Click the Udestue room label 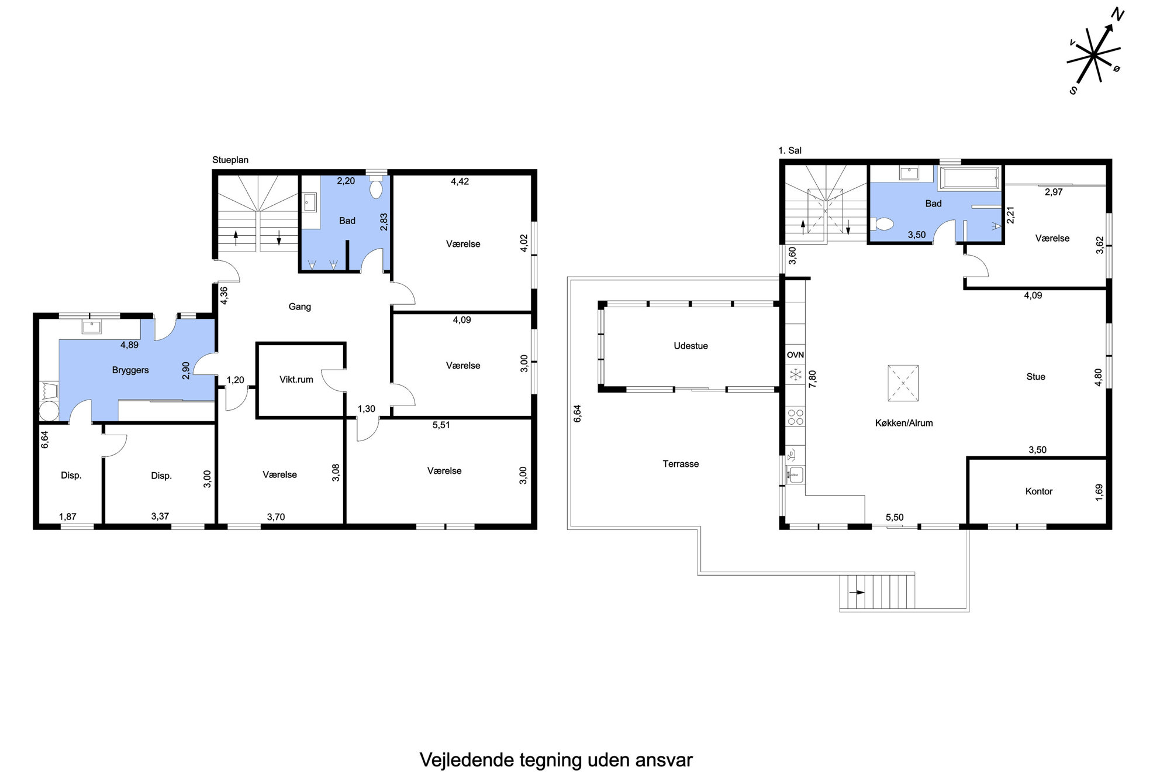[691, 346]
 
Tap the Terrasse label [681, 464]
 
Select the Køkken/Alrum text [904, 423]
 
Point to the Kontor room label [1039, 491]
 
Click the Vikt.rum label [296, 380]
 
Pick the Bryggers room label [130, 370]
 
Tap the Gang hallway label [300, 307]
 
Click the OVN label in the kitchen [795, 355]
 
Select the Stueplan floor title [230, 160]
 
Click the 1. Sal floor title [790, 150]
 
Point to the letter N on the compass [1117, 15]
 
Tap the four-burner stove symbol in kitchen [796, 417]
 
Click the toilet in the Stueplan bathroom [376, 187]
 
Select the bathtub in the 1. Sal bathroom [969, 178]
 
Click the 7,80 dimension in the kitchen [812, 379]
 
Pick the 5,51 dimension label [441, 425]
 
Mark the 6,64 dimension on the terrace [577, 414]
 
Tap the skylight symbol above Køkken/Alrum [903, 383]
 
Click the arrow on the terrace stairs [857, 592]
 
